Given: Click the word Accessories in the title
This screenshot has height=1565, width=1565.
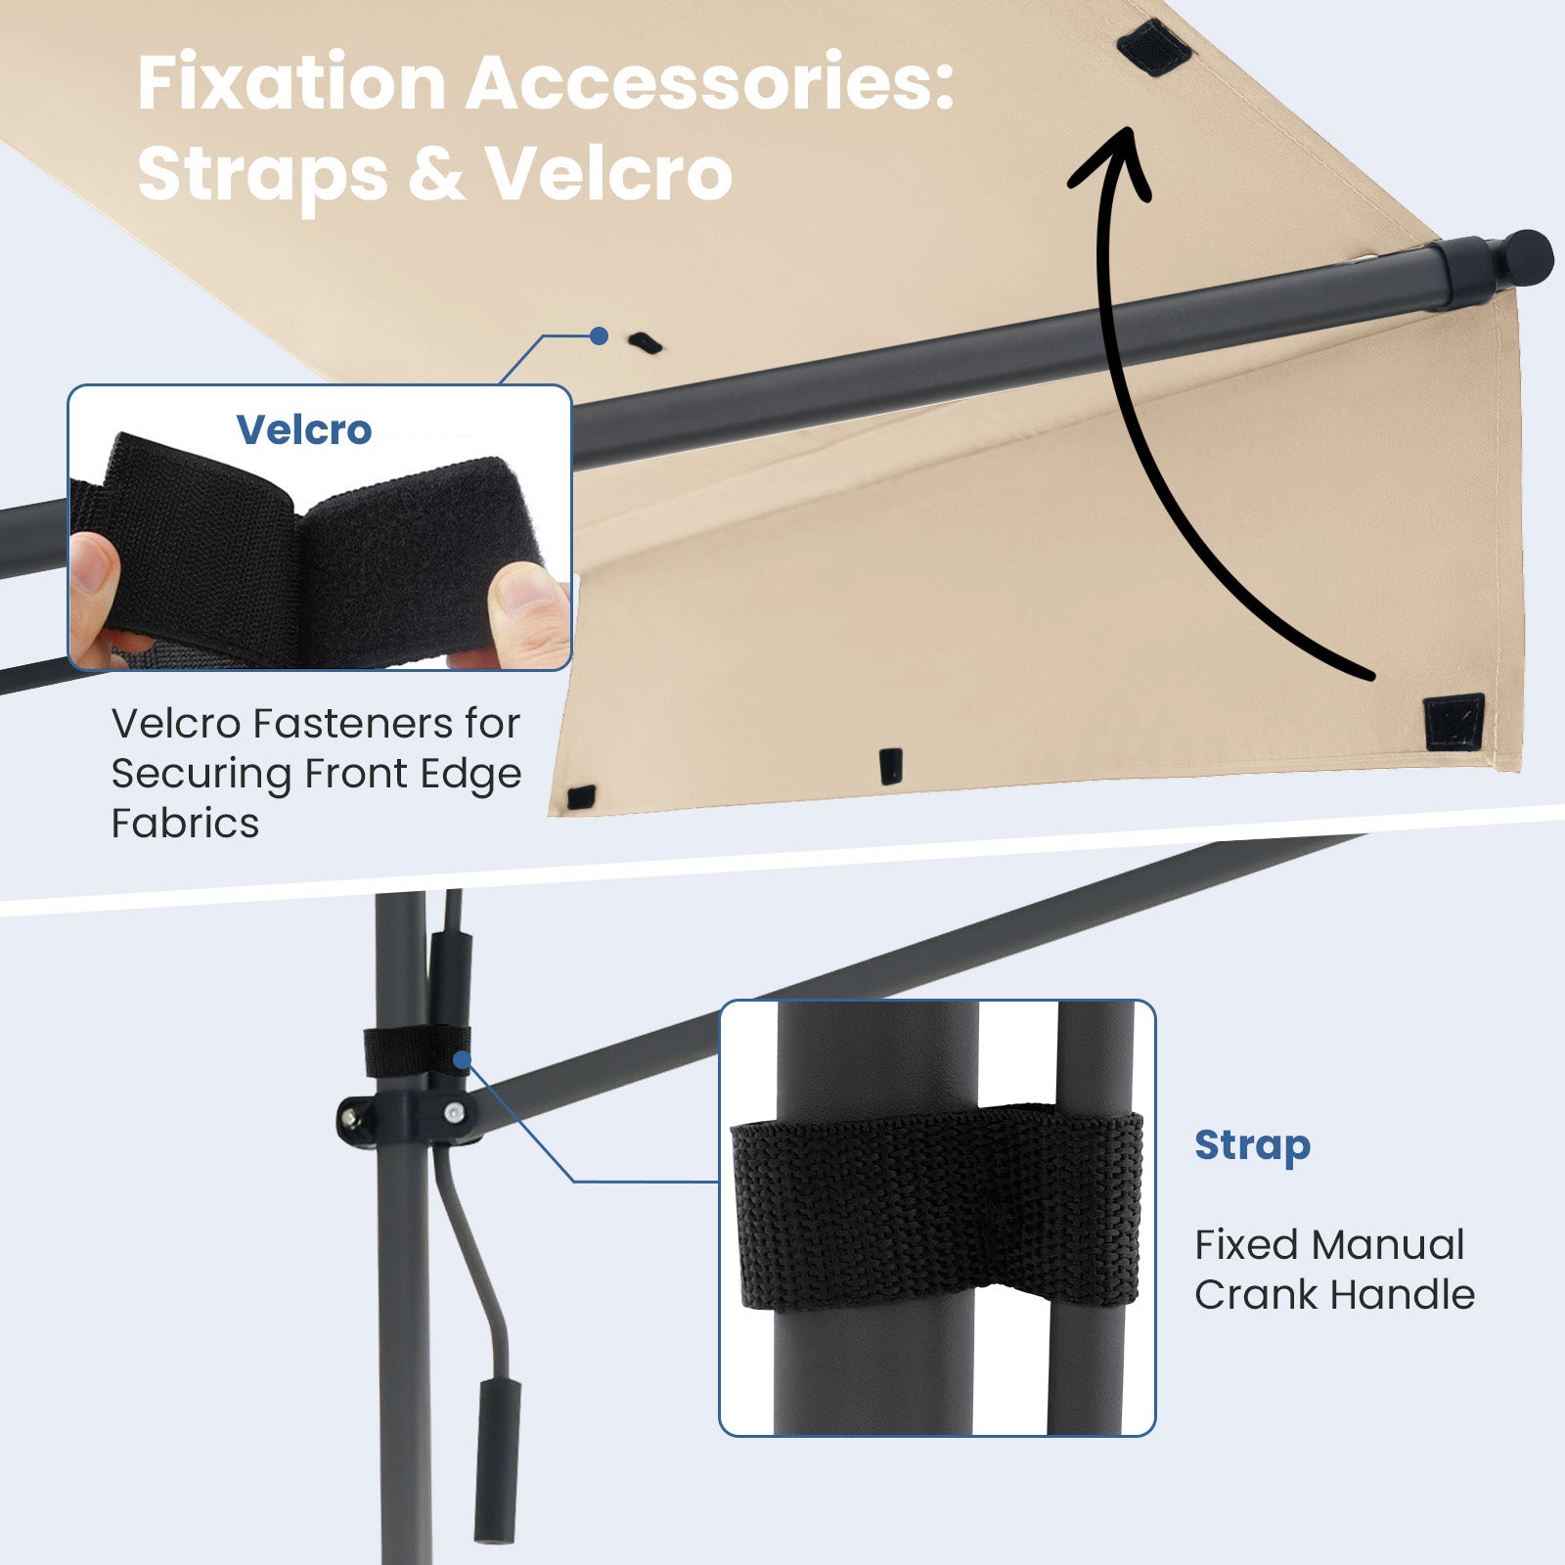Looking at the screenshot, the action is [709, 84].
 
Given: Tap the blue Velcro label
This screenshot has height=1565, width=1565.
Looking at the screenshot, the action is [304, 429].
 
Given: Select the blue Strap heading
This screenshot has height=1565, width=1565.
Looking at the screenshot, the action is [1252, 1145].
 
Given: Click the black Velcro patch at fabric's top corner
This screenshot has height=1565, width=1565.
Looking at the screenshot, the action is [1154, 45].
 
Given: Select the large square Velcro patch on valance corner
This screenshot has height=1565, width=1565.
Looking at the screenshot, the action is [1454, 722].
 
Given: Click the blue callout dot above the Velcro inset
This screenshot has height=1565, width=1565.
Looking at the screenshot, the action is [600, 336].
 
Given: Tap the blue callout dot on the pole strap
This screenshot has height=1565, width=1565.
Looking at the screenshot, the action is [462, 1059].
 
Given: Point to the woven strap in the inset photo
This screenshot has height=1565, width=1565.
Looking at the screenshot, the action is [936, 1206].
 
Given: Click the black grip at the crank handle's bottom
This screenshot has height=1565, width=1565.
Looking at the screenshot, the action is [497, 1460].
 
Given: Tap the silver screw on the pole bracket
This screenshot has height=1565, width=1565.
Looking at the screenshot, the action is [454, 1113].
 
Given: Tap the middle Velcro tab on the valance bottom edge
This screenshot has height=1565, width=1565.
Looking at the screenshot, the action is [890, 767].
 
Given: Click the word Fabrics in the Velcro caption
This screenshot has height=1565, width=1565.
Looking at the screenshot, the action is [185, 824].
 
